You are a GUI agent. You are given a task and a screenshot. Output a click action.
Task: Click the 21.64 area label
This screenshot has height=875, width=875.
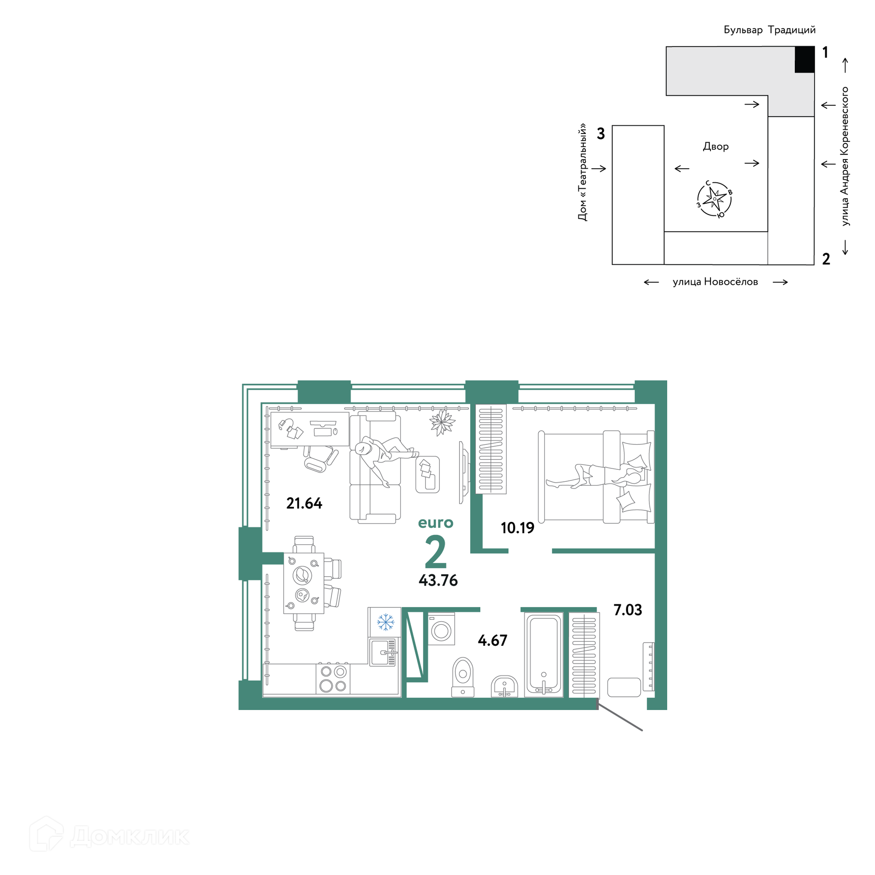coord(304,503)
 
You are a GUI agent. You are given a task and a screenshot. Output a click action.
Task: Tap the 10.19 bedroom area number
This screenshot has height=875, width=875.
coord(517,528)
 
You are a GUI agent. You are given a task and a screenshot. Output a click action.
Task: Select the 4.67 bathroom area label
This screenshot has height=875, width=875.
coord(492,640)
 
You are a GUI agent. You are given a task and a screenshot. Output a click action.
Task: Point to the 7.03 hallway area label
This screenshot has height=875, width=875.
coord(628,610)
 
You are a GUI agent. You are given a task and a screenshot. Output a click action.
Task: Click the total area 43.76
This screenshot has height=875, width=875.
coord(438,580)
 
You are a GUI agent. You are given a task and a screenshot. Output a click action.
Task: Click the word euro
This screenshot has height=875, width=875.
coord(436,523)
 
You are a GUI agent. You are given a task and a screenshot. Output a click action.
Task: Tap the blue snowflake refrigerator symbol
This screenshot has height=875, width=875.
coord(385,622)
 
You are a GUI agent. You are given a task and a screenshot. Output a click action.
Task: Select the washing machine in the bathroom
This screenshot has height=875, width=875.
coord(441,629)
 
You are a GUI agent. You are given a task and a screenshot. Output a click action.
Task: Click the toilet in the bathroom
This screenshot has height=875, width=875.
coord(463,677)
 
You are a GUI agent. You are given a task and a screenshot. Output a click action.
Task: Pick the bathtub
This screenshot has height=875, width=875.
coord(544,654)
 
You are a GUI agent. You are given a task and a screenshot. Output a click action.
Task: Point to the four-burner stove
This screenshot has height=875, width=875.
coord(333,679)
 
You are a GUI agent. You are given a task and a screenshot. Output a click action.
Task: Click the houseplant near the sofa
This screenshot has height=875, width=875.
coord(442,422)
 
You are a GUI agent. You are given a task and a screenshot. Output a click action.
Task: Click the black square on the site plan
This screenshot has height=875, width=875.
coord(804,59)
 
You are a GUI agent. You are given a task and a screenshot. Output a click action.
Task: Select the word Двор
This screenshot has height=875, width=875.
coord(715,146)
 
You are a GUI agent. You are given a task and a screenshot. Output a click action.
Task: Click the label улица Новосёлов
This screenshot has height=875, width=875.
coord(715,282)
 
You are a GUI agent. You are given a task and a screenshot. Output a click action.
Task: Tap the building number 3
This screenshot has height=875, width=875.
coord(601,134)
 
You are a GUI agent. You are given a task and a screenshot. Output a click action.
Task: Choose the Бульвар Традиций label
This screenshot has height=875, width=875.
coord(769,30)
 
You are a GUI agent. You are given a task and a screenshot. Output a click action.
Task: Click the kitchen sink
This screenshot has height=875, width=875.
coord(383,652)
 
